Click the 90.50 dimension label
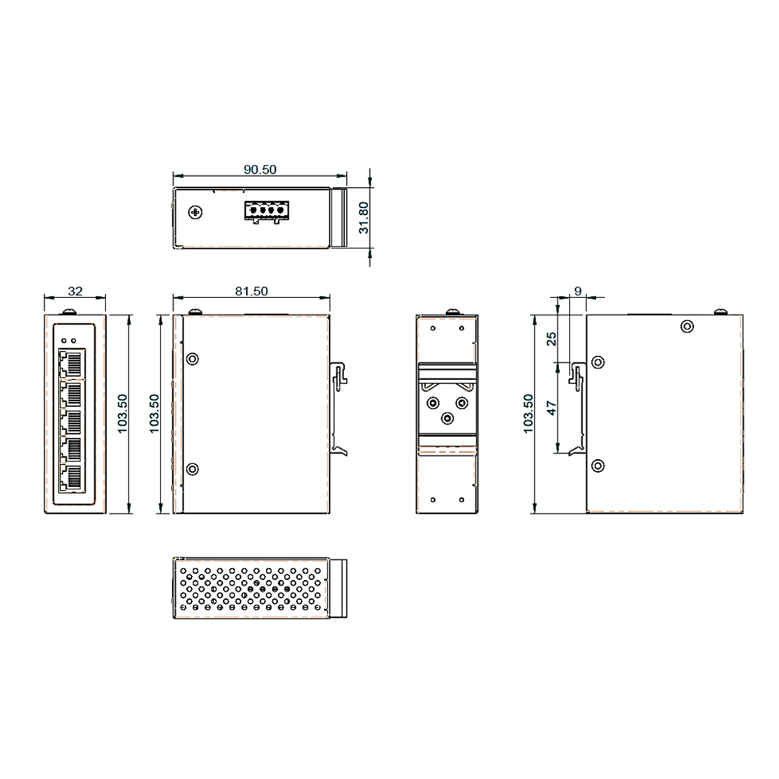(260, 170)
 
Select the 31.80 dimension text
(362, 217)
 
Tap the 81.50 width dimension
(251, 292)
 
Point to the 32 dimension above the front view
(75, 292)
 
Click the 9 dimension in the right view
(577, 290)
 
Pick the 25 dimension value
(551, 339)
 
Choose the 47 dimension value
(551, 408)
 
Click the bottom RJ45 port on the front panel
(70, 477)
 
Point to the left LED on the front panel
(64, 341)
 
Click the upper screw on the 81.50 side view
(193, 359)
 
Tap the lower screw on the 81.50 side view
(193, 468)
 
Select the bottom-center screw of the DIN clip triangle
(447, 417)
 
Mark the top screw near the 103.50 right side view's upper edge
(688, 326)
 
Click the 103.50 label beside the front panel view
(123, 413)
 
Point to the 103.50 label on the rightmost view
(528, 413)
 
